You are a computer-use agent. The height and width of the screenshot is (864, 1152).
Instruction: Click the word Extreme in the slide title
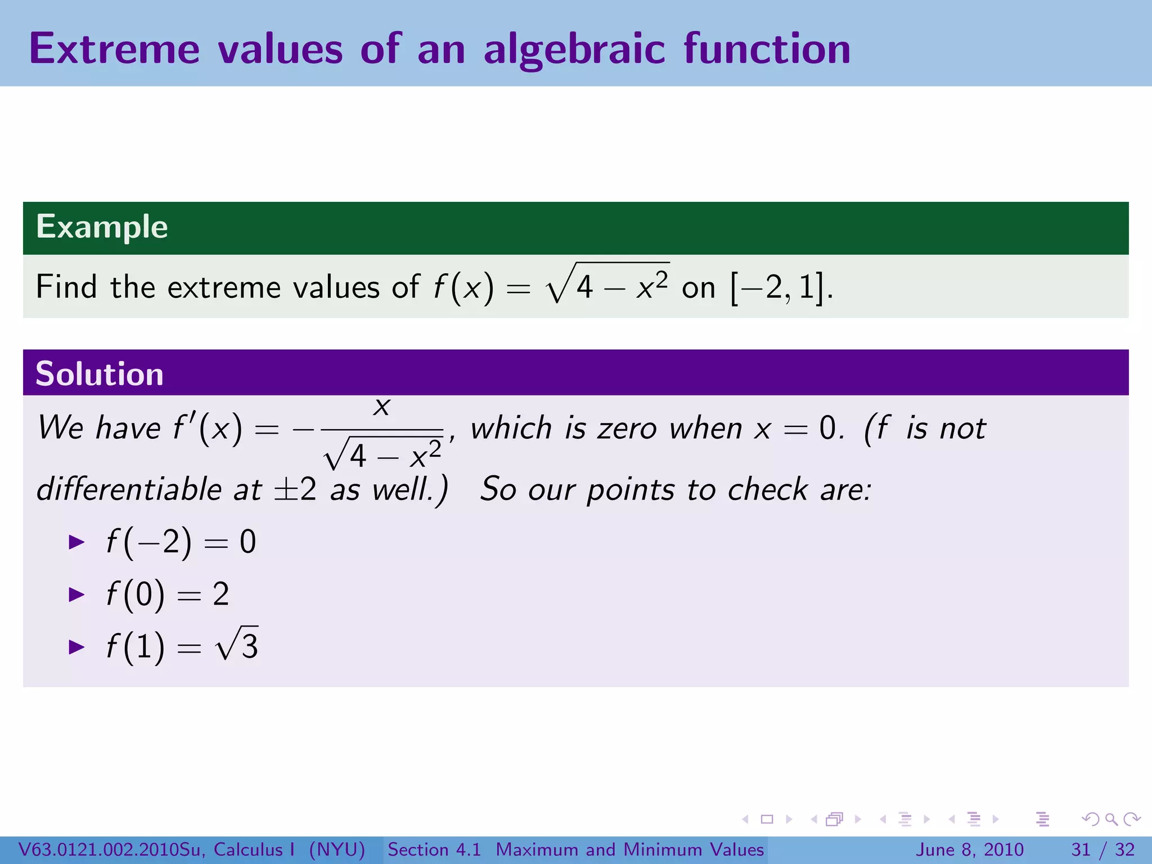tap(114, 49)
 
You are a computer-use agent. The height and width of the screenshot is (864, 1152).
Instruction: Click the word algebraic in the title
tap(575, 49)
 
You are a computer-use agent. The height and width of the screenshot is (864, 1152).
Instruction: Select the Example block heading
tap(102, 227)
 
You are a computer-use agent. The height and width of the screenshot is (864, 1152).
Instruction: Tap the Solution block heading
tap(100, 374)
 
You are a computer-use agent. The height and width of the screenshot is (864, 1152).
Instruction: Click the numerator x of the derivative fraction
tap(382, 406)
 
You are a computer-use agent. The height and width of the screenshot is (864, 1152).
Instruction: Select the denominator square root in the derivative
tap(383, 454)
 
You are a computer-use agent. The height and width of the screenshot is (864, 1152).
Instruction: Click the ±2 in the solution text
tap(295, 489)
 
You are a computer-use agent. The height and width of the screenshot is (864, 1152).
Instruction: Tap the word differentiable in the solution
tap(129, 489)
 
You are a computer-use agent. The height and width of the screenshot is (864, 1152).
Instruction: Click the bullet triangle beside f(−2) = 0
tap(76, 542)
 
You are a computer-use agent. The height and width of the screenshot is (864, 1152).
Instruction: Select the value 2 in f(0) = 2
tap(221, 595)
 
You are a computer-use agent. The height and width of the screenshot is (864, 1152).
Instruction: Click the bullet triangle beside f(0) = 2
tap(76, 595)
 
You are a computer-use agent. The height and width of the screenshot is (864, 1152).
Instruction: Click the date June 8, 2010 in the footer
tap(970, 849)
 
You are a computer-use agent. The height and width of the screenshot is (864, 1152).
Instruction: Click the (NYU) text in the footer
tap(337, 849)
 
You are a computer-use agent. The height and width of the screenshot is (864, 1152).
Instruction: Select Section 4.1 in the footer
tap(434, 849)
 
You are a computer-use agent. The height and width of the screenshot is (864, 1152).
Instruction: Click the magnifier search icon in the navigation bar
tap(1111, 820)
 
